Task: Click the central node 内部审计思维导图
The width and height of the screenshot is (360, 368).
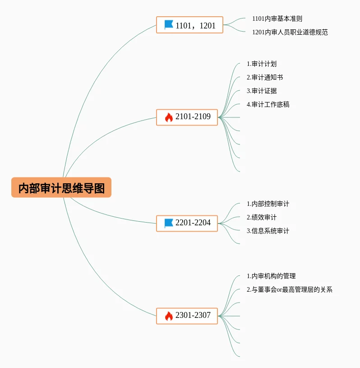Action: point(61,187)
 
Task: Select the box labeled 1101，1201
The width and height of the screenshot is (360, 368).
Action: point(189,25)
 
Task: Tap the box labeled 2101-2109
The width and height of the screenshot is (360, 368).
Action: point(187,117)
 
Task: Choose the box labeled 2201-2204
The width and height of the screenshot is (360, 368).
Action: point(187,223)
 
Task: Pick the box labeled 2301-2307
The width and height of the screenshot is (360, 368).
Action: point(187,316)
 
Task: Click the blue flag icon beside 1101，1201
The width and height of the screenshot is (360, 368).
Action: point(169,25)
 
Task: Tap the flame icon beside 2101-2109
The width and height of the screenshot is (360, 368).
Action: point(169,117)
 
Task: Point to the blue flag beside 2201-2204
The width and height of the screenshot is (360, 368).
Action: point(169,223)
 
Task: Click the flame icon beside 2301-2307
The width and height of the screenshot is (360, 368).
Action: point(169,316)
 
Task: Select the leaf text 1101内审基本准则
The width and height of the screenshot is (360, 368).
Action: point(277,19)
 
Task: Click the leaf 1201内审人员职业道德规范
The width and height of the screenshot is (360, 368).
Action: point(290,32)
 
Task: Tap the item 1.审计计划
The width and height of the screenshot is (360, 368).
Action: point(262,64)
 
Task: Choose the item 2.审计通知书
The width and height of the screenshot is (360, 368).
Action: point(265,77)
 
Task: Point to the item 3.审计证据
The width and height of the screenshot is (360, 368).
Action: point(262,91)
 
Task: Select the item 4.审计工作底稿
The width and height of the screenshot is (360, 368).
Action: point(268,104)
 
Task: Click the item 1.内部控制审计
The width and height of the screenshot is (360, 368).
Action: point(268,204)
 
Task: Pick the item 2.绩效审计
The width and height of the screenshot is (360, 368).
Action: point(262,217)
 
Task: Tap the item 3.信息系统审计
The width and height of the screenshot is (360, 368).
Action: point(268,231)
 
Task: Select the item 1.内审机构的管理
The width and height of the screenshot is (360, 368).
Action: point(271,276)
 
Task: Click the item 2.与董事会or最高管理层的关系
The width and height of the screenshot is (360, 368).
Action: point(289,289)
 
